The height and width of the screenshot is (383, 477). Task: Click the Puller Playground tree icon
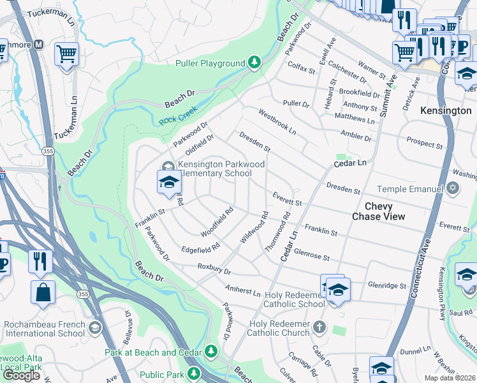(x=254, y=62)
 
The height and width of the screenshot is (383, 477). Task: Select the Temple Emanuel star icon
(x=453, y=188)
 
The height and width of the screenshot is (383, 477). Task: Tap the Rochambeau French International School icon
(x=94, y=328)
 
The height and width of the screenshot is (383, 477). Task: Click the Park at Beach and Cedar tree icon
(x=211, y=352)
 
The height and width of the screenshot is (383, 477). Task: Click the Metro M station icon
(x=38, y=45)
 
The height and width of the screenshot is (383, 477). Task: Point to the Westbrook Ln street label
(x=277, y=122)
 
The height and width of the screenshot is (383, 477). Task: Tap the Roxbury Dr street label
(x=214, y=269)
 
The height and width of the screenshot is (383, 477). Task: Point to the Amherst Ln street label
(x=242, y=290)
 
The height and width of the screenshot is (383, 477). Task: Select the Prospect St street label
(x=424, y=143)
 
